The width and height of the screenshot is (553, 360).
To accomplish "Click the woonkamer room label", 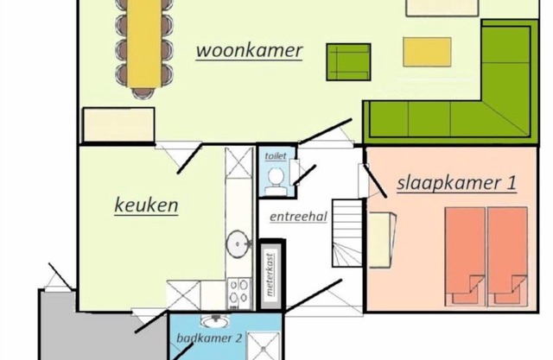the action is coord(249,51).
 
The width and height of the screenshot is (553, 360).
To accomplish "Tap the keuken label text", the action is coord(146,205).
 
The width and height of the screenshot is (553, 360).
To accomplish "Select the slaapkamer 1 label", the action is coord(457,184).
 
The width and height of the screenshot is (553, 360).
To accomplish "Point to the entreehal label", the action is coord(298,217).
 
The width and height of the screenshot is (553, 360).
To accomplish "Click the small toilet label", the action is coord(276,156).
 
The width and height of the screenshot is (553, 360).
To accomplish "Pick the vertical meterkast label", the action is coord(270,274).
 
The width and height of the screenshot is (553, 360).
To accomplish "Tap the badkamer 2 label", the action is coord(209,338).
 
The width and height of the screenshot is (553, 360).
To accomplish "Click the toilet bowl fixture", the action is coord(276,180).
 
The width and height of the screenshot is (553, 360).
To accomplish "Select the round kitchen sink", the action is coord(238,243).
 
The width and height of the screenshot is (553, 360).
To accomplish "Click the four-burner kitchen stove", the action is coord(238,294).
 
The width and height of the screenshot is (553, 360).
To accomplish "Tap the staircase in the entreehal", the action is coord(347,233).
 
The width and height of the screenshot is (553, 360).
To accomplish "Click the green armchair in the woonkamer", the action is coord(348,62).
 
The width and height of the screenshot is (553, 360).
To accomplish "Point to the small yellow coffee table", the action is coord(427,52).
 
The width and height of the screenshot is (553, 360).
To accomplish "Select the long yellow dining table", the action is coord(144,43).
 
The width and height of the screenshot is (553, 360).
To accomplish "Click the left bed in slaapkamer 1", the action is coord(465,256).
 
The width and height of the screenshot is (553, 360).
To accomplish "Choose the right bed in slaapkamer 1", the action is coord(507,256).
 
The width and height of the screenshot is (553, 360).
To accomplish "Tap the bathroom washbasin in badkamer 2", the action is coord(214,320).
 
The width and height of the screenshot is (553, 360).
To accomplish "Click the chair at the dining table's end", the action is coord(143,93).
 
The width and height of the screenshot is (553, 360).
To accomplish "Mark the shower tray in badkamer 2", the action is coord(264,346).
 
